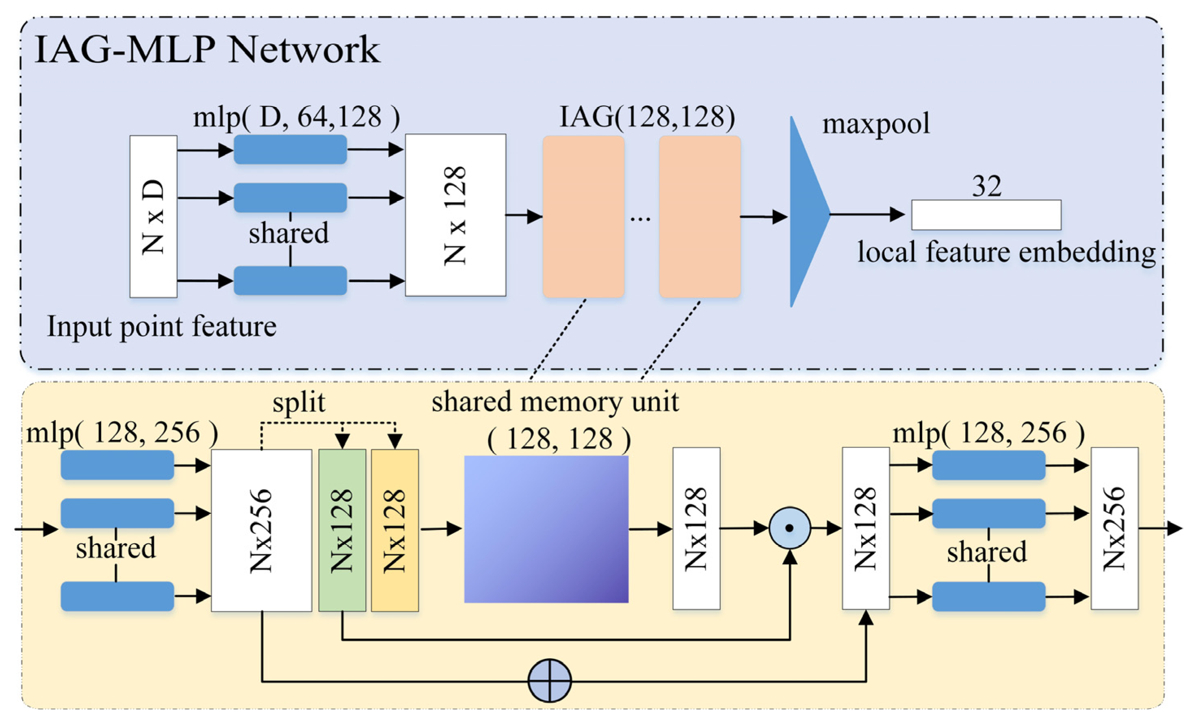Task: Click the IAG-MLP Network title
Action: coord(207,50)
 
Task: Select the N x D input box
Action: coord(154,217)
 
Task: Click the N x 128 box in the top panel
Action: coord(455,215)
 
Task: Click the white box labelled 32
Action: coord(986,215)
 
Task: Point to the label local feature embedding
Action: coord(1006,252)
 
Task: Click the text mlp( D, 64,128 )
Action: coord(297,117)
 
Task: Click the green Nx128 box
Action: coord(342,530)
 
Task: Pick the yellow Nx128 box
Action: coord(394,530)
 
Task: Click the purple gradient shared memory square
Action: coord(546,529)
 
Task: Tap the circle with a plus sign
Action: coord(550,680)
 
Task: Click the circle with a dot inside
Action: coord(790,528)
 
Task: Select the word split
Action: coord(299,402)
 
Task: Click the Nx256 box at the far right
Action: coord(1114,528)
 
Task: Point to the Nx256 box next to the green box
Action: coord(261,530)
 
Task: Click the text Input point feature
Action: coord(162,326)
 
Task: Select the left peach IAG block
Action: coord(583,217)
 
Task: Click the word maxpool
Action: coord(875,124)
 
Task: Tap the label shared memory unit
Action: coord(555,402)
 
